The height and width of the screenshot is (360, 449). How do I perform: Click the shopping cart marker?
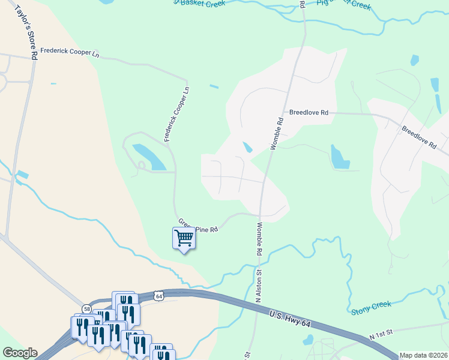coord(184,238)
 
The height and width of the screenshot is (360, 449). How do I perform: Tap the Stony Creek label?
coord(370,307)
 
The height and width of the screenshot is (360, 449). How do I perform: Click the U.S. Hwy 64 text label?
coord(289,320)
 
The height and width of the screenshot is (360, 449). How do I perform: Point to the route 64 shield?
coord(158,296)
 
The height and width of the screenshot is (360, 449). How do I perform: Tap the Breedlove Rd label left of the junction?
coord(309,112)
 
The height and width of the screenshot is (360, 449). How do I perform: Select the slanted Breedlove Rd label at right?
coord(418,137)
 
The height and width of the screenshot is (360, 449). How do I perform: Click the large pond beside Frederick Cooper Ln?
coord(150,157)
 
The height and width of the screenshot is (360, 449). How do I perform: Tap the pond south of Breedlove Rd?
coord(339,157)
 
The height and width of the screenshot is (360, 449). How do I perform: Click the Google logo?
coord(20,353)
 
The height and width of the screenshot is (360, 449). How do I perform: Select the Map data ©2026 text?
coord(423,355)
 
